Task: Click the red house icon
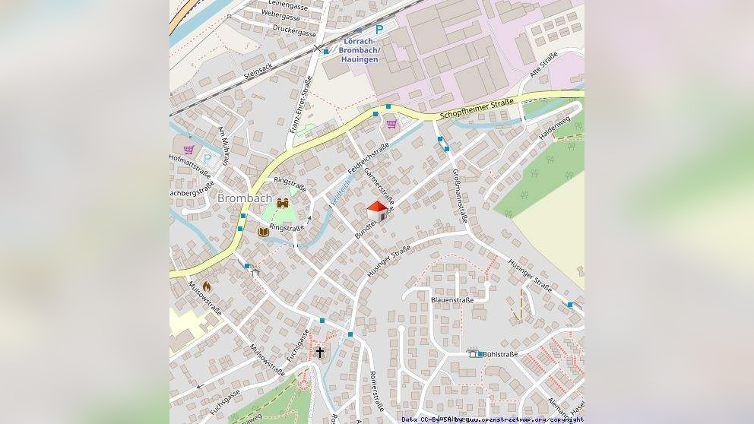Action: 377,211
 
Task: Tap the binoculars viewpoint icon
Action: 283,203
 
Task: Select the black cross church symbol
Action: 320,352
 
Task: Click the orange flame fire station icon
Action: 206,286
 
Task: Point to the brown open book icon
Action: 263,231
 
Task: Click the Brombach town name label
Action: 245,198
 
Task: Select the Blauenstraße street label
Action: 452,300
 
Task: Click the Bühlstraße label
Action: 499,354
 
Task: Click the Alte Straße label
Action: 543,65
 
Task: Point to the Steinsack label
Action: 258,72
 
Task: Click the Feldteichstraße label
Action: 368,157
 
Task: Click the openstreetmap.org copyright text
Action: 524,419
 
